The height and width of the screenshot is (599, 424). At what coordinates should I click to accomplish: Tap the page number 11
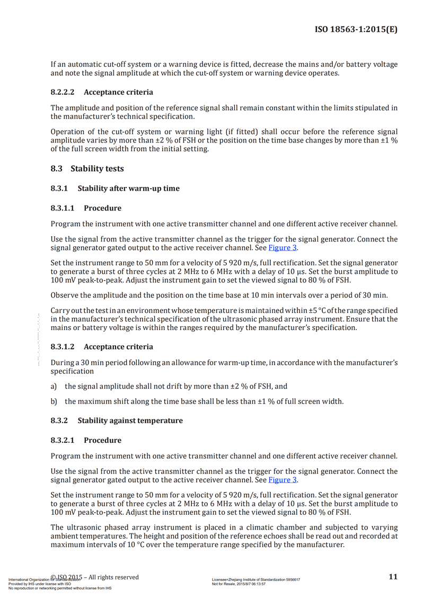pos(393,577)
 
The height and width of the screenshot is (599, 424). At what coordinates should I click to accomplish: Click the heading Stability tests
pos(97,169)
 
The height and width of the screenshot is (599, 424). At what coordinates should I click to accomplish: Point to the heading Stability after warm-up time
pos(128,189)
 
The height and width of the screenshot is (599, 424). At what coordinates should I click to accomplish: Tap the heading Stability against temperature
pos(130,421)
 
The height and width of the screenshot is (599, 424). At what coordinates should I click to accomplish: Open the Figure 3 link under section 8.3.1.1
pos(282,248)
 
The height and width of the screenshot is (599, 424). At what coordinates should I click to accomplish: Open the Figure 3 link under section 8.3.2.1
pos(282,480)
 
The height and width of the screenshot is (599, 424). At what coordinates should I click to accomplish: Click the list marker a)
pos(54,387)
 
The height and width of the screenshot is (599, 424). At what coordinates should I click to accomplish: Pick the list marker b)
pos(54,401)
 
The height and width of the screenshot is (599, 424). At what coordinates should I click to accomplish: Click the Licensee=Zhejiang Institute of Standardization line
pos(255,580)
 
